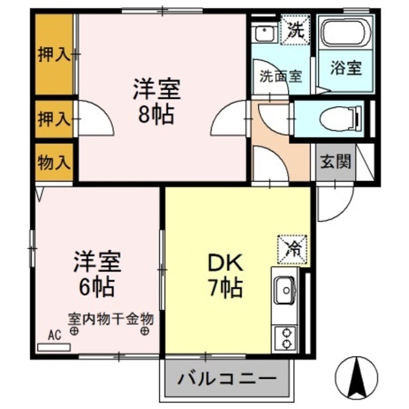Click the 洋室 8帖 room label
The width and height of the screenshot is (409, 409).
tap(157, 101)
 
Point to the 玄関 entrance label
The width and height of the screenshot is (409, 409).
tap(336, 161)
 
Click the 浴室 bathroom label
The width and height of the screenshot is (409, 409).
tap(347, 68)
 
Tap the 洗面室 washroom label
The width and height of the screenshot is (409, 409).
tap(280, 75)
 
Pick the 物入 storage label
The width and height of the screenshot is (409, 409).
tap(53, 163)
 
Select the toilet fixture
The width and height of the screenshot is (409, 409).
tap(339, 118)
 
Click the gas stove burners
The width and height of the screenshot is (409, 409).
tap(284, 337)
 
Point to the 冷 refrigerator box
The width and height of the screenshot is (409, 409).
tap(293, 247)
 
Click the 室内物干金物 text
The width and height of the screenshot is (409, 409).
tap(111, 318)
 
